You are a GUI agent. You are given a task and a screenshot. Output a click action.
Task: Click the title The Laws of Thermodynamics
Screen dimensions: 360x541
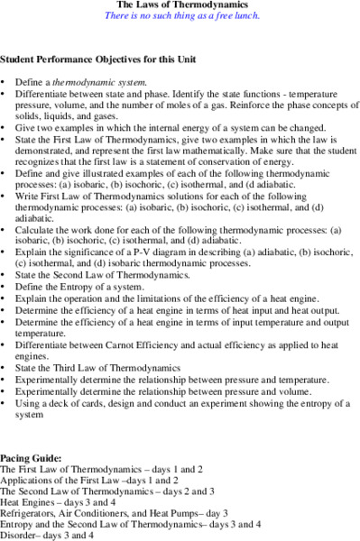tap(180, 5)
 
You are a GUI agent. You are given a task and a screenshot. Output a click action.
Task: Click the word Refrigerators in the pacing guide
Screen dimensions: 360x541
tap(27, 513)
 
